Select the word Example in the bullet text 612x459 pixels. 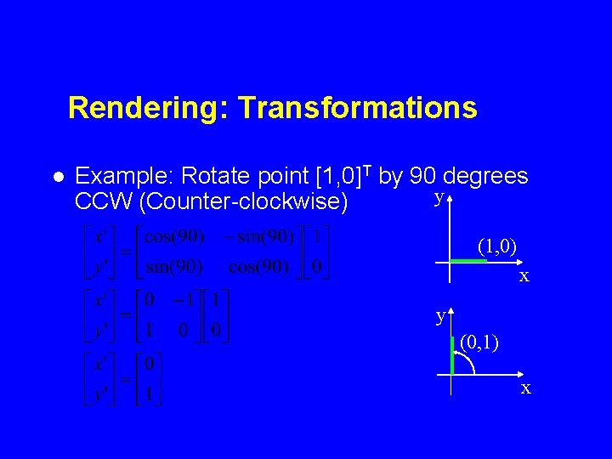123,177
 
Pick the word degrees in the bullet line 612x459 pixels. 486,177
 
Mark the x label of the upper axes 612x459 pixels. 525,276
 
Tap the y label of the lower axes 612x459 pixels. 440,316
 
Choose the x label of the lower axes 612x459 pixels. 526,388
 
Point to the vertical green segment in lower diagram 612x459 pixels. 452,355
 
